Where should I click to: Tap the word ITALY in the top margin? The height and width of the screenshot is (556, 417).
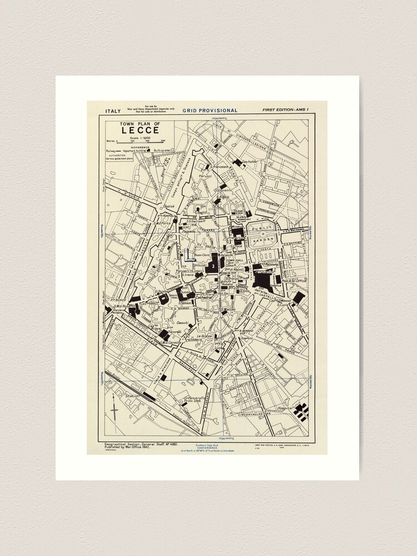pos(112,111)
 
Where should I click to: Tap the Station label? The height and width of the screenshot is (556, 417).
pos(133,396)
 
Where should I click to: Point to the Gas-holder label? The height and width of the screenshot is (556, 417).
pos(251,162)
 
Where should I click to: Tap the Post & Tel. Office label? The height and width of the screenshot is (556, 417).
pos(294,281)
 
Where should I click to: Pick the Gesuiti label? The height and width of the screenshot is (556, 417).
pos(183,322)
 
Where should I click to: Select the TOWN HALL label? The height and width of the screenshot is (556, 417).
pos(235,260)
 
